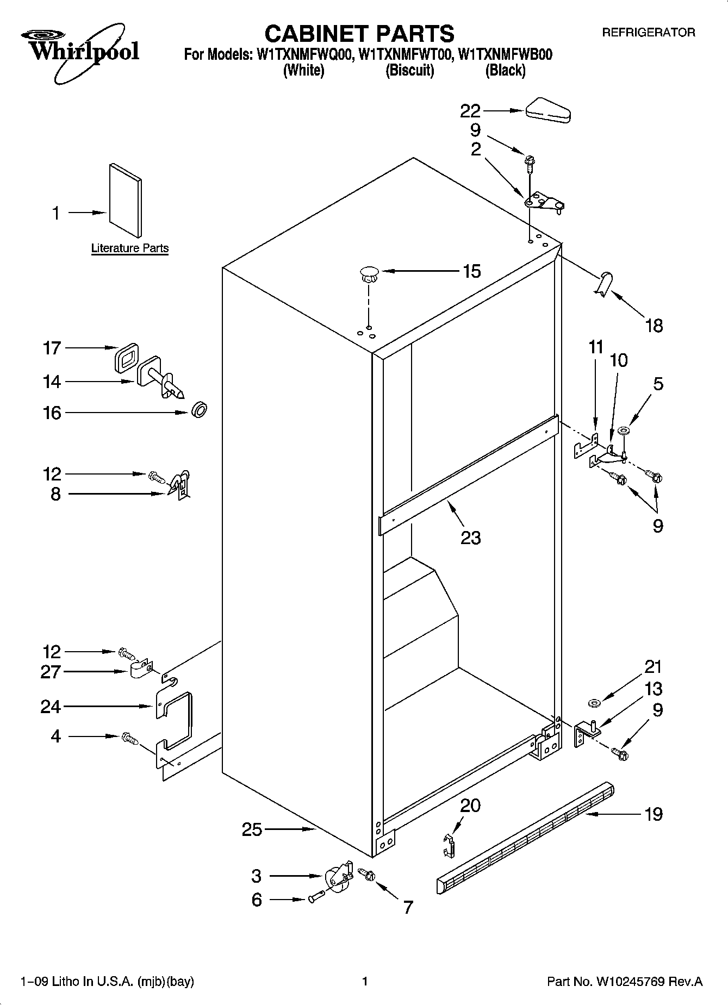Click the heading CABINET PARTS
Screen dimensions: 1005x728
359,34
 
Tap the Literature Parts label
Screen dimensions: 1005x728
130,248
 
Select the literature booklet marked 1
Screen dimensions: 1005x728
126,202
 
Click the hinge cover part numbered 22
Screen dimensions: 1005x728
547,110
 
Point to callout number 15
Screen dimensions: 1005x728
471,271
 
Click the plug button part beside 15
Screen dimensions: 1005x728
369,273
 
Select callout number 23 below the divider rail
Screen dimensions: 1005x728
471,538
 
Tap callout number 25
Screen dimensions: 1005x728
252,829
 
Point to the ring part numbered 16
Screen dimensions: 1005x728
200,410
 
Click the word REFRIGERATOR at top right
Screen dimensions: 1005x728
648,33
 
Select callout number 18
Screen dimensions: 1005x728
654,326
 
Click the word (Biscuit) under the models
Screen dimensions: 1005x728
409,70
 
